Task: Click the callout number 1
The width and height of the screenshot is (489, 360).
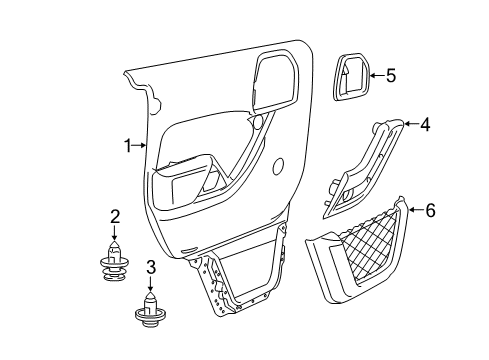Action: pyautogui.click(x=127, y=146)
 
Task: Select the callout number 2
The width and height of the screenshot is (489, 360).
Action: pyautogui.click(x=115, y=215)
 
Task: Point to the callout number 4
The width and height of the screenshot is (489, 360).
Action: pyautogui.click(x=424, y=125)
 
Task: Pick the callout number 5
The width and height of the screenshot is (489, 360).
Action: pyautogui.click(x=391, y=74)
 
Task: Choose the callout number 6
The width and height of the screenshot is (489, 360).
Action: pyautogui.click(x=431, y=211)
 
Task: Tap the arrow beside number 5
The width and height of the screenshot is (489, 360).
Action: pyautogui.click(x=375, y=74)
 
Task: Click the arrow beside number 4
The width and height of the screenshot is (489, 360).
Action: pyautogui.click(x=409, y=126)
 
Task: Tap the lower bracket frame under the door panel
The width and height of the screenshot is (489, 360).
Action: pyautogui.click(x=245, y=275)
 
